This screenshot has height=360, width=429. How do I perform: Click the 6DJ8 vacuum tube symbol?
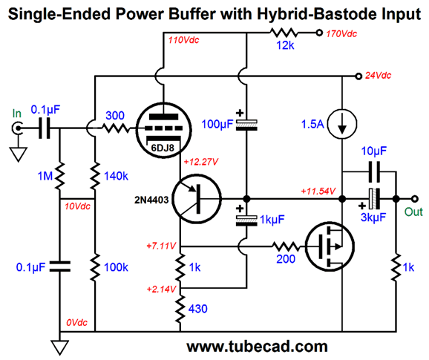coord(163,130)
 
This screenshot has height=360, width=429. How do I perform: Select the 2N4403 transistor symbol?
coord(197,199)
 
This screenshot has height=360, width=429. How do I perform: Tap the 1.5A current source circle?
coord(342,124)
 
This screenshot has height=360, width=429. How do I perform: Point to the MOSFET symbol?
coord(330,246)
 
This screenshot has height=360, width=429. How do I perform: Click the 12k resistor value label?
coord(285,45)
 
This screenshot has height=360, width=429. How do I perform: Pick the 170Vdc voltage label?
coord(341,33)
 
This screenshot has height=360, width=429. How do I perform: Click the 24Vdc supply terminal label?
coord(378,75)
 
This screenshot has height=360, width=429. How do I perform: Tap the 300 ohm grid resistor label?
coord(115,116)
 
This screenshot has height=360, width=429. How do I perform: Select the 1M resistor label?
coord(45,176)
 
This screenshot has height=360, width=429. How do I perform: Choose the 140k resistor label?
coord(116,176)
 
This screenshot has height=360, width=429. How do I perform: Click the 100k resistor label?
coord(116,267)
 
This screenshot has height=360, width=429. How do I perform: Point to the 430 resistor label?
coord(198,309)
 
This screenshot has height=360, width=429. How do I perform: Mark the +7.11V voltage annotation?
coord(161,246)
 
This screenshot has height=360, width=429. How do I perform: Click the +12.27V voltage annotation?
coord(201,162)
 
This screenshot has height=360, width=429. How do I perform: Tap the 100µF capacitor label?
coord(217,124)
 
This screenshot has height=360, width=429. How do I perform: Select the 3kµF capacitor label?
coord(373,217)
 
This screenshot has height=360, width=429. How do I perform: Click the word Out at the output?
coord(413,212)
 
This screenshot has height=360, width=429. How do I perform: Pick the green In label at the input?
coord(16,114)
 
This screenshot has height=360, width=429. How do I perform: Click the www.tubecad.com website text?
coord(257,347)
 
